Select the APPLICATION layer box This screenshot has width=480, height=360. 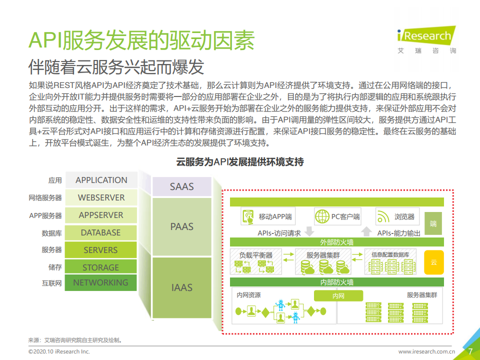click(101, 180)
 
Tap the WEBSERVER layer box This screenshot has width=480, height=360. click(101, 197)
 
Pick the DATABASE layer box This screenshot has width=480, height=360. click(101, 232)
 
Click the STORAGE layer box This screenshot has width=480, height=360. click(101, 267)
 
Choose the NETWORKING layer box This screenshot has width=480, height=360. click(100, 282)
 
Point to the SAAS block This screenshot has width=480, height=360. click(181, 187)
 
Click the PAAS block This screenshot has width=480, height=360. click(181, 226)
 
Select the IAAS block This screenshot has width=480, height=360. click(181, 287)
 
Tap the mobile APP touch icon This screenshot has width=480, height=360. click(248, 217)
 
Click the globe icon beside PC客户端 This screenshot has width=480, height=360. click(321, 217)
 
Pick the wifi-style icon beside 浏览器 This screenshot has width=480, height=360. click(383, 217)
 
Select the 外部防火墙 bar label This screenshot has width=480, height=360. click(336, 242)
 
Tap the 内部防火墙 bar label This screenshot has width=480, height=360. click(336, 282)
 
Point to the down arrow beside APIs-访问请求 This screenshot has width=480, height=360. click(308, 232)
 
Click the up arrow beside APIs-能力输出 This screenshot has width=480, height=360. click(366, 232)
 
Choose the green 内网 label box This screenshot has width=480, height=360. click(338, 296)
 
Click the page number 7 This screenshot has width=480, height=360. click(470, 351)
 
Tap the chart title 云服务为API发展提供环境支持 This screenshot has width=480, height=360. click(240, 162)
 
